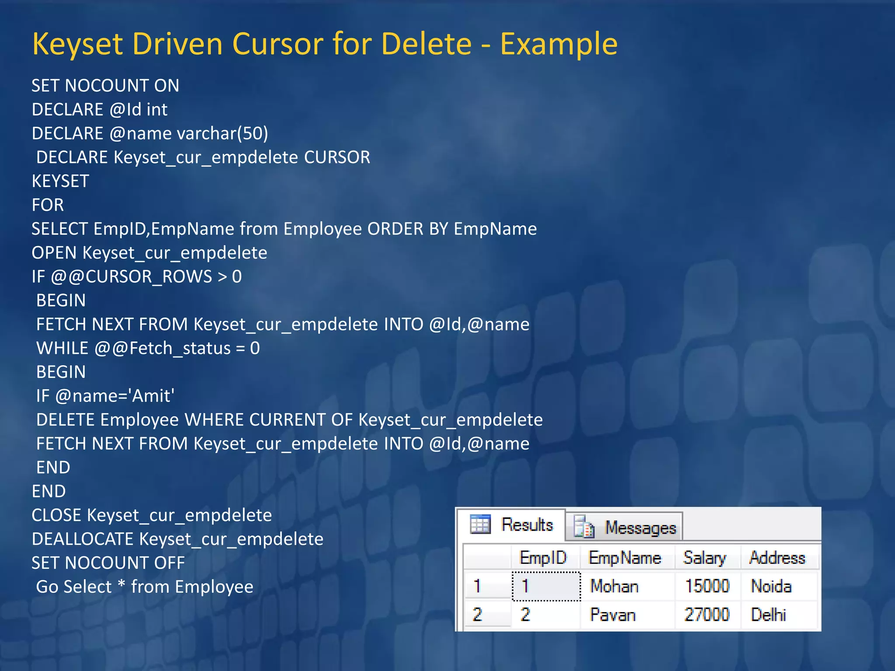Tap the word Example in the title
pos(559,44)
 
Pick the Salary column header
pos(704,558)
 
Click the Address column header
pos(777,558)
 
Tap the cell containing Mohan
pos(614,586)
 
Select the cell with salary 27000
pos(707,615)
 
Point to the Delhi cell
pos(768,615)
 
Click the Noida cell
pos(771,586)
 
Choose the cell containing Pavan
pos(613,615)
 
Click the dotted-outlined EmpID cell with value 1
pos(546,586)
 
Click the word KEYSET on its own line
pos(60,181)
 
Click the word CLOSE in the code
pos(56,515)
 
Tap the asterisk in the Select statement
pos(121,585)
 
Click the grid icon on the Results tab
pos(480,525)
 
